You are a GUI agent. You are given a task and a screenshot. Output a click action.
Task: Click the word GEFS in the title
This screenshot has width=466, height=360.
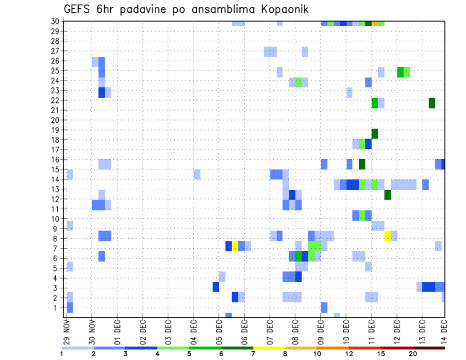coord(76,9)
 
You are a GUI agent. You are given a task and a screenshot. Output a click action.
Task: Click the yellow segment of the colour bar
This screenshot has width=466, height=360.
coord(269,348)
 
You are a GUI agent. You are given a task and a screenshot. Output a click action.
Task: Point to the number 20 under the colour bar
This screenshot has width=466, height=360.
coord(413,354)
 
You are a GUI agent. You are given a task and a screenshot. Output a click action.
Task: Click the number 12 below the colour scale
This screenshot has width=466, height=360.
coord(349,354)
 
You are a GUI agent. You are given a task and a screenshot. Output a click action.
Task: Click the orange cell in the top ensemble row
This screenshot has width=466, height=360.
coord(375,23)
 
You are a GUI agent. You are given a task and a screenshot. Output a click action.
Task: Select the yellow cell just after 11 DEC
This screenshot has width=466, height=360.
coord(387,236)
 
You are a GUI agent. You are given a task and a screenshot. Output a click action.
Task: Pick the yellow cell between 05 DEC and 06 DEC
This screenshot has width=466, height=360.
coord(235,246)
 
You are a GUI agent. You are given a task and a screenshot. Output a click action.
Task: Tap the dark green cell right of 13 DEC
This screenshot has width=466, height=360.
coord(432,103)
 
